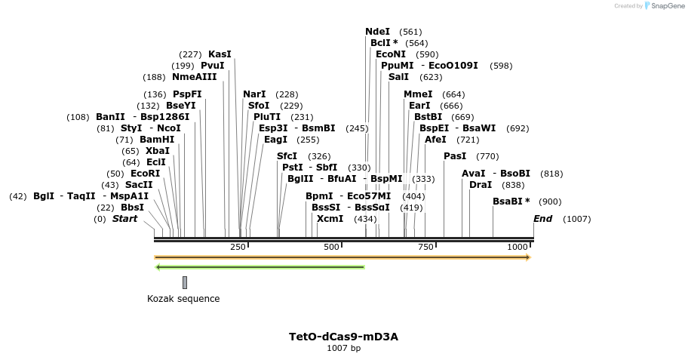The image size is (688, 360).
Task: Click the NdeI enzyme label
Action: pos(377,32)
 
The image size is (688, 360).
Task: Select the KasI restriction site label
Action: pos(220,54)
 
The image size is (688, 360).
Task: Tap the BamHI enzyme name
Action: pos(156,140)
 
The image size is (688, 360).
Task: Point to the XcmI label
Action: pos(330,219)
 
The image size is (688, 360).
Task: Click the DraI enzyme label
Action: pos(481,185)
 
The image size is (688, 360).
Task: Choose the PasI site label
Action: pos(455,156)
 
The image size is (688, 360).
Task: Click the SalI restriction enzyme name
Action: pos(398,77)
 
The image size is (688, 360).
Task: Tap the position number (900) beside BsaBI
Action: pos(549,202)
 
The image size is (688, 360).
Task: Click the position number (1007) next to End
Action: pos(576,220)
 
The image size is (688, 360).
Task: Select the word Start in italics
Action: pos(125,219)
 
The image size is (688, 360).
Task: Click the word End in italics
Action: pos(542,219)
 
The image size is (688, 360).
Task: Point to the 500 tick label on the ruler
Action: pos(330,248)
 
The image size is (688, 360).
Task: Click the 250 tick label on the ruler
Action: pos(238,248)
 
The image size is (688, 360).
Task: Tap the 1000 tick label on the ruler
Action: pos(518,248)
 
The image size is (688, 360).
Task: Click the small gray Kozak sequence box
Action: pos(185,282)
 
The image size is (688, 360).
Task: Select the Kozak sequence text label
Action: pos(183,299)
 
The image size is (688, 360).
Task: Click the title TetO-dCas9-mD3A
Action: pos(343,337)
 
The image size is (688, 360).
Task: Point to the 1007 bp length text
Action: pos(343,349)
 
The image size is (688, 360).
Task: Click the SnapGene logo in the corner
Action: pos(662,6)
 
